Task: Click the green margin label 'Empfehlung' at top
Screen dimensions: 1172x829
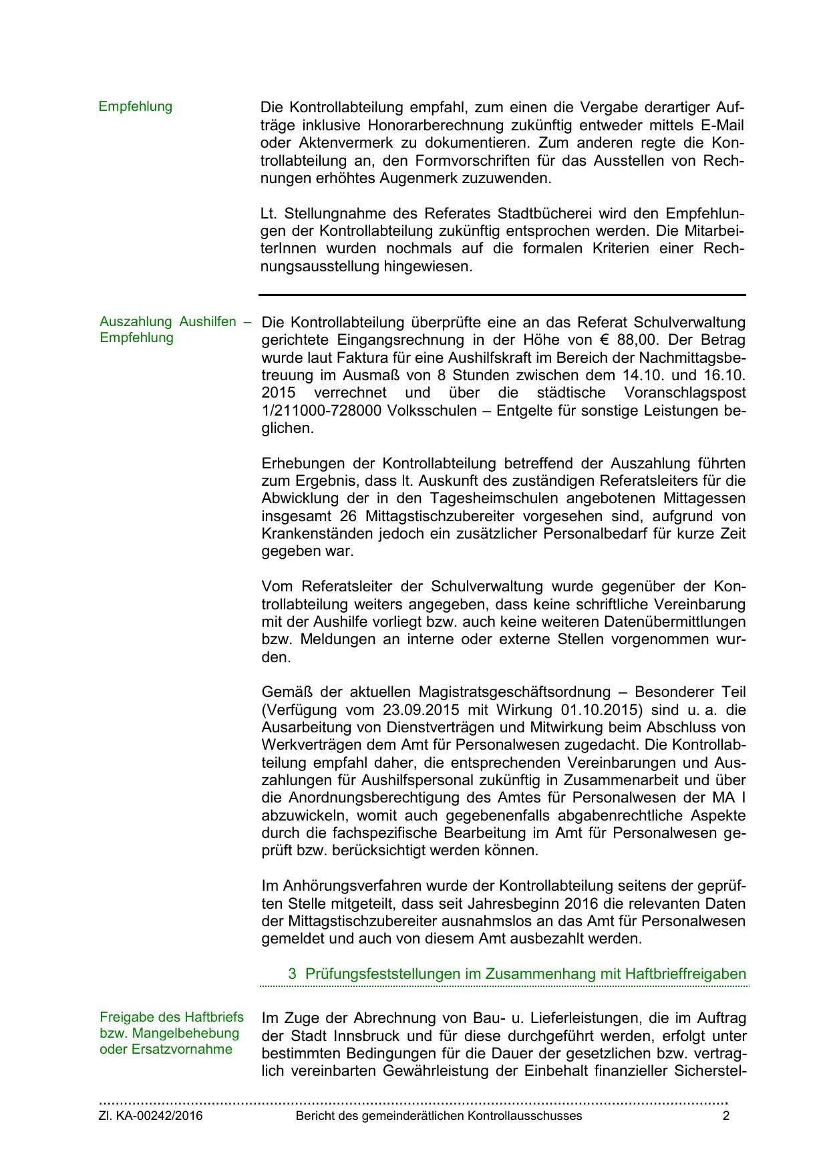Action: coord(136,107)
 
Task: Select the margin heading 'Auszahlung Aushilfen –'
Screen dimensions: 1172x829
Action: coord(175,321)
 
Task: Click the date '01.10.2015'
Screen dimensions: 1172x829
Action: coord(618,710)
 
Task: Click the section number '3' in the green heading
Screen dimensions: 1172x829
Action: coord(292,974)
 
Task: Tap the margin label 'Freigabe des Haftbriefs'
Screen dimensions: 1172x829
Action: coord(172,1018)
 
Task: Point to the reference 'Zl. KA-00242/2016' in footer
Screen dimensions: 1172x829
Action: coord(151,1116)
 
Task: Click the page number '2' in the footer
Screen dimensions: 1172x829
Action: coord(725,1116)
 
